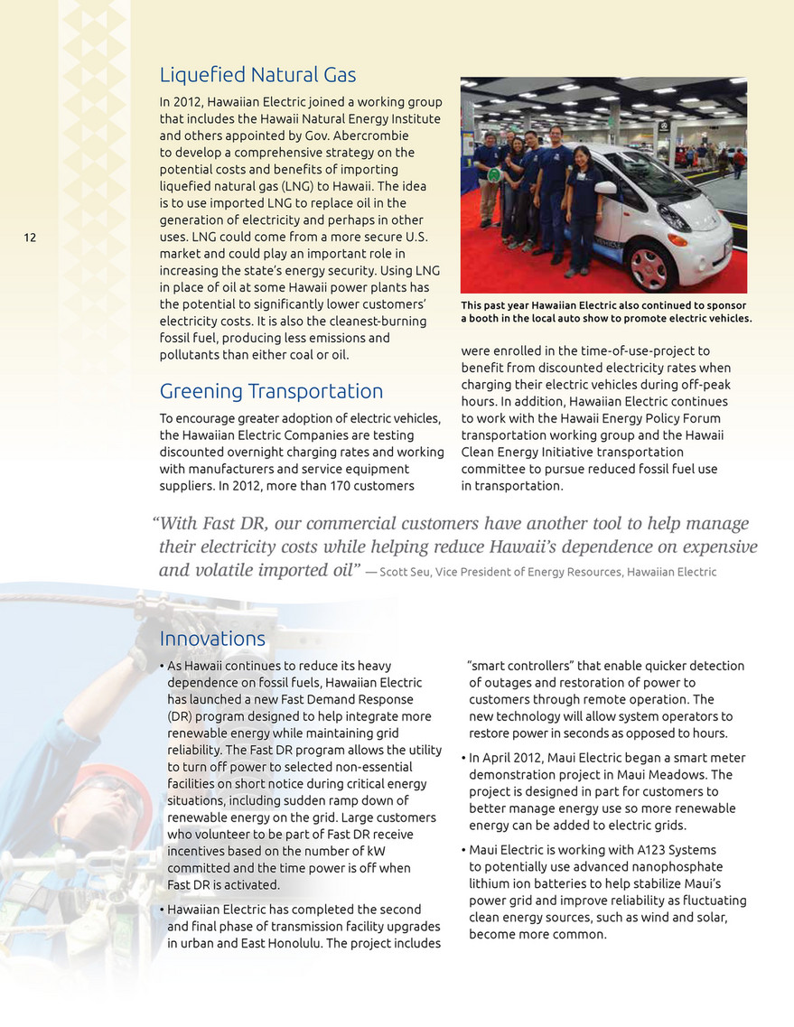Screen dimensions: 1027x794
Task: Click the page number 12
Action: tap(30, 238)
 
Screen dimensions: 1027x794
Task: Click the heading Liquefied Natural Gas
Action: tap(257, 74)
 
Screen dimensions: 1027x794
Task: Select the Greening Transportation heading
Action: tap(271, 391)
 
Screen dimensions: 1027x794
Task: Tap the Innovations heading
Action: tap(212, 639)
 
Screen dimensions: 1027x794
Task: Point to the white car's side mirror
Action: tap(605, 188)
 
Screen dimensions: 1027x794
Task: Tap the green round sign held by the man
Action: tap(494, 173)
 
